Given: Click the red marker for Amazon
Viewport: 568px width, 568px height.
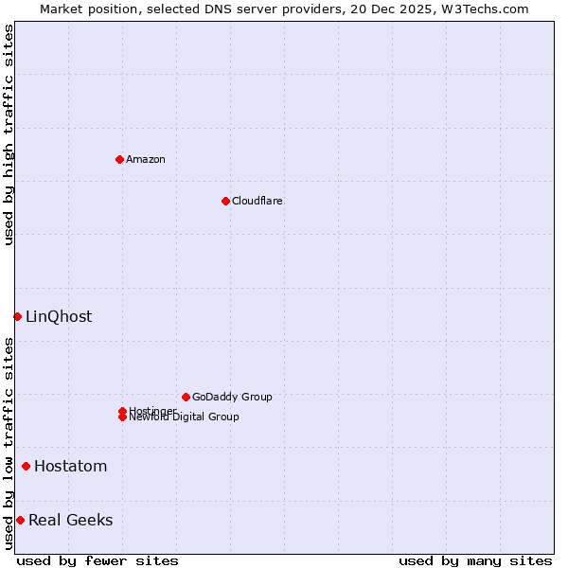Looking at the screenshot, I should click(119, 159).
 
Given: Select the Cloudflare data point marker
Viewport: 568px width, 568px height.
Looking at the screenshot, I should click(225, 201).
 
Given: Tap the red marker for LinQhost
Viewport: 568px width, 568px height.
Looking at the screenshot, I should click(17, 316).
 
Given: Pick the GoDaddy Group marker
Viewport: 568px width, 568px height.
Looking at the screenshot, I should click(186, 397).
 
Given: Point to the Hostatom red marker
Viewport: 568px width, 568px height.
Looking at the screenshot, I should click(26, 466).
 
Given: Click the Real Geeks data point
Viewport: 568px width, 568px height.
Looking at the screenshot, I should click(20, 520).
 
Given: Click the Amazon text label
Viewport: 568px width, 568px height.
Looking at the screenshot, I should click(146, 159).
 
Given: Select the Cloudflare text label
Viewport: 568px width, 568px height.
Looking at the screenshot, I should click(257, 201).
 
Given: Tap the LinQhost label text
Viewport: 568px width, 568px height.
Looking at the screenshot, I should click(59, 316).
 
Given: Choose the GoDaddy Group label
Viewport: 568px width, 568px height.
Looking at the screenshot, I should click(232, 397).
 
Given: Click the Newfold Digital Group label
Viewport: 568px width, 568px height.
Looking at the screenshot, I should click(184, 417).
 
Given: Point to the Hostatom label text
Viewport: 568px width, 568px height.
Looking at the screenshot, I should click(70, 466).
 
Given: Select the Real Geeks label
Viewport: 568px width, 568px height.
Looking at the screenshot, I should click(70, 520).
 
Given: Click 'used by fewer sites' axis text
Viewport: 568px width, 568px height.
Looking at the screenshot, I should click(98, 560).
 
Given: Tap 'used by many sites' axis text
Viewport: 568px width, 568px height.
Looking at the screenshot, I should click(475, 560).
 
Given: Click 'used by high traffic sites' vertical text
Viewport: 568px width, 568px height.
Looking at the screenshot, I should click(9, 134).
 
